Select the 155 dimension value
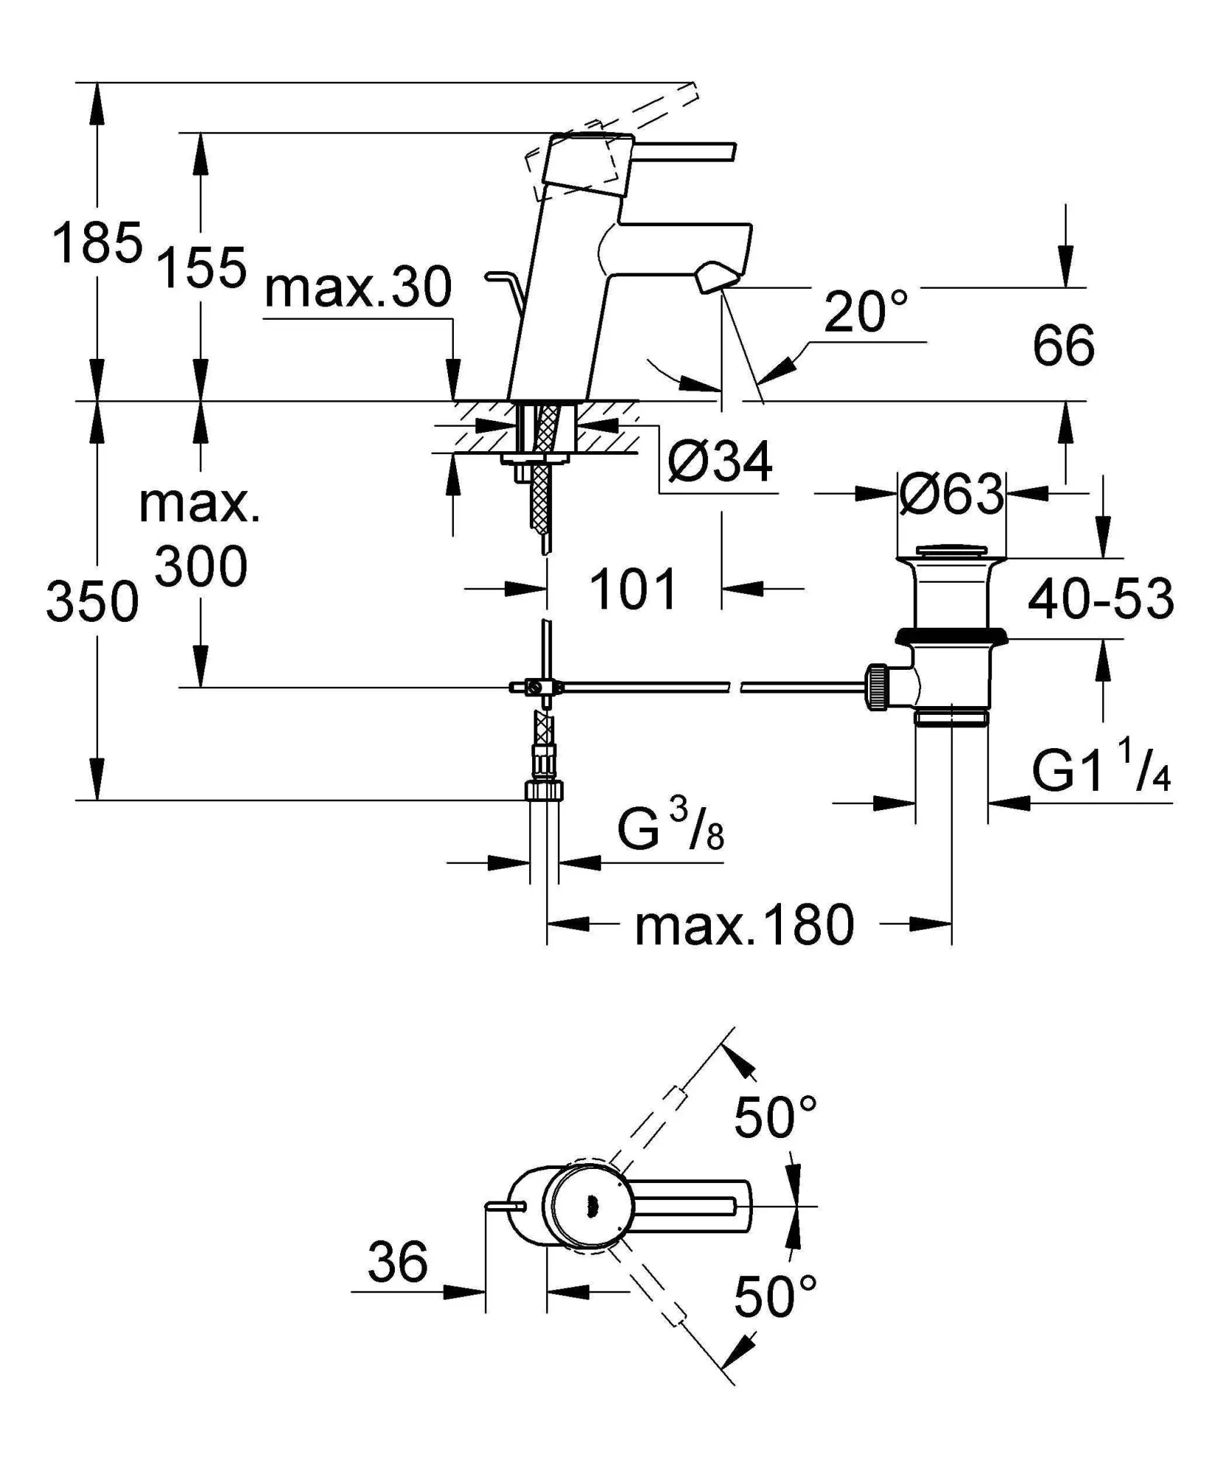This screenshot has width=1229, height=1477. (202, 267)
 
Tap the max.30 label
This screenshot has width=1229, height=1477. (358, 288)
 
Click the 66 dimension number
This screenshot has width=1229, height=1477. (1063, 345)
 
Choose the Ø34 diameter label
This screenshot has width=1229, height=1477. (720, 462)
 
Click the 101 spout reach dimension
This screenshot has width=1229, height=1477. (633, 589)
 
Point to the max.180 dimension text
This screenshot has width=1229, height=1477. (744, 925)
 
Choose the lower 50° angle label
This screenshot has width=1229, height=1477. (775, 1297)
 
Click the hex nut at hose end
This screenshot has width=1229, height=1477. (544, 790)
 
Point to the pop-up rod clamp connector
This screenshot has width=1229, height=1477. (537, 688)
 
